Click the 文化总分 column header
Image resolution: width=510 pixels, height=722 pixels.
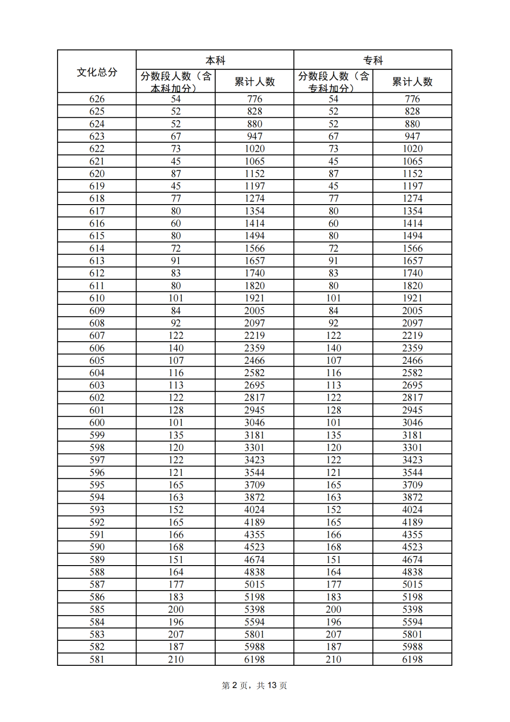(x=97, y=72)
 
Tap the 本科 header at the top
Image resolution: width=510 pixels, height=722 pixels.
(x=215, y=60)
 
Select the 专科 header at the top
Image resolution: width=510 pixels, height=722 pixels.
(x=373, y=60)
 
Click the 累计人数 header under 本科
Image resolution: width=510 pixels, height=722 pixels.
(x=255, y=82)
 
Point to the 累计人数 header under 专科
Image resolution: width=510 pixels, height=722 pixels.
(x=412, y=82)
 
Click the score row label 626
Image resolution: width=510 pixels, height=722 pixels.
(x=97, y=99)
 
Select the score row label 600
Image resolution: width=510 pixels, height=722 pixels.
(x=97, y=422)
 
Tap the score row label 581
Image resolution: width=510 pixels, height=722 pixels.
(x=97, y=659)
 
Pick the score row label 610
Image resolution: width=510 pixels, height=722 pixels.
(x=97, y=298)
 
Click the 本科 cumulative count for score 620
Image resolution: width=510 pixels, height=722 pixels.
(x=255, y=173)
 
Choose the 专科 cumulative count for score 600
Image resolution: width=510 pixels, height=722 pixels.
(x=412, y=422)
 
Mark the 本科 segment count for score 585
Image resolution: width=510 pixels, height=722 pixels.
(x=176, y=610)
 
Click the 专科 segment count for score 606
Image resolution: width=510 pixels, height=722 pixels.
(x=333, y=348)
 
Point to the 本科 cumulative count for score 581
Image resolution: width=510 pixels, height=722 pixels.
(x=255, y=659)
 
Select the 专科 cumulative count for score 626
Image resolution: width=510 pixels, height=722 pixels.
(x=412, y=99)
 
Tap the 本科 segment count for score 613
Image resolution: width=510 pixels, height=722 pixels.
(x=176, y=261)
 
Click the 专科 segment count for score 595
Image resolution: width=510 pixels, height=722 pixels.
(x=333, y=485)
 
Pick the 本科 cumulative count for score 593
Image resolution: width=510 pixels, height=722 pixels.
(x=255, y=509)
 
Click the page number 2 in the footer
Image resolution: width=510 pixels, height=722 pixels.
(x=234, y=685)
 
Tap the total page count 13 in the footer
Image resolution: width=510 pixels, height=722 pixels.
(x=272, y=685)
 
